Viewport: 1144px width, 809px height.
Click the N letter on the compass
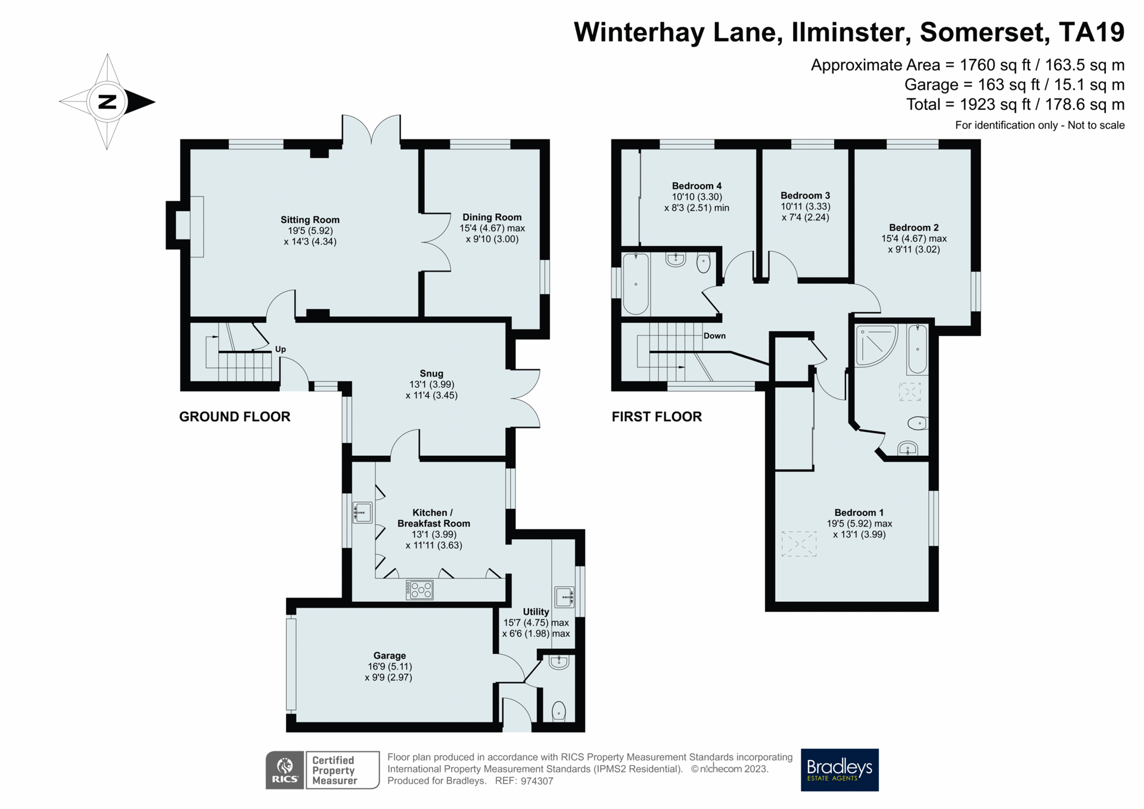coord(107,102)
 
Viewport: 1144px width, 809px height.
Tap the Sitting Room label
coord(310,220)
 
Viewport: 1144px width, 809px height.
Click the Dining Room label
coord(492,217)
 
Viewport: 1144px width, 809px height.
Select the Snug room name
coord(431,374)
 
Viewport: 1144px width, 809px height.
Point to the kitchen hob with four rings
coord(420,590)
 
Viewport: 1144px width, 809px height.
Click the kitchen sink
coord(362,512)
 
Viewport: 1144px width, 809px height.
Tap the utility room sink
coord(564,596)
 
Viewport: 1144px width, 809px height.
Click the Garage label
coord(389,655)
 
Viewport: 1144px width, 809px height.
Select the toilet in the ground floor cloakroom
coord(559,710)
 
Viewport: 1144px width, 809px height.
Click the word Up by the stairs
coord(280,349)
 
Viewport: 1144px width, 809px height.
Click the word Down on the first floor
coord(714,335)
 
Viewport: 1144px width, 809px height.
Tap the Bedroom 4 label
coord(697,186)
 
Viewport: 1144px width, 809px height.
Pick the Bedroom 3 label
coord(805,195)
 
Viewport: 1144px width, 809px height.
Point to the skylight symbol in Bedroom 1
coord(798,543)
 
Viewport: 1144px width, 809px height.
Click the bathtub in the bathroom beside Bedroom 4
coord(635,284)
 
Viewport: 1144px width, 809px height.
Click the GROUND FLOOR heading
coord(235,416)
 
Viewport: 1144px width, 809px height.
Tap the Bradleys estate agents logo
coord(839,769)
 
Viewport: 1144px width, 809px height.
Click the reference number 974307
coord(537,781)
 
